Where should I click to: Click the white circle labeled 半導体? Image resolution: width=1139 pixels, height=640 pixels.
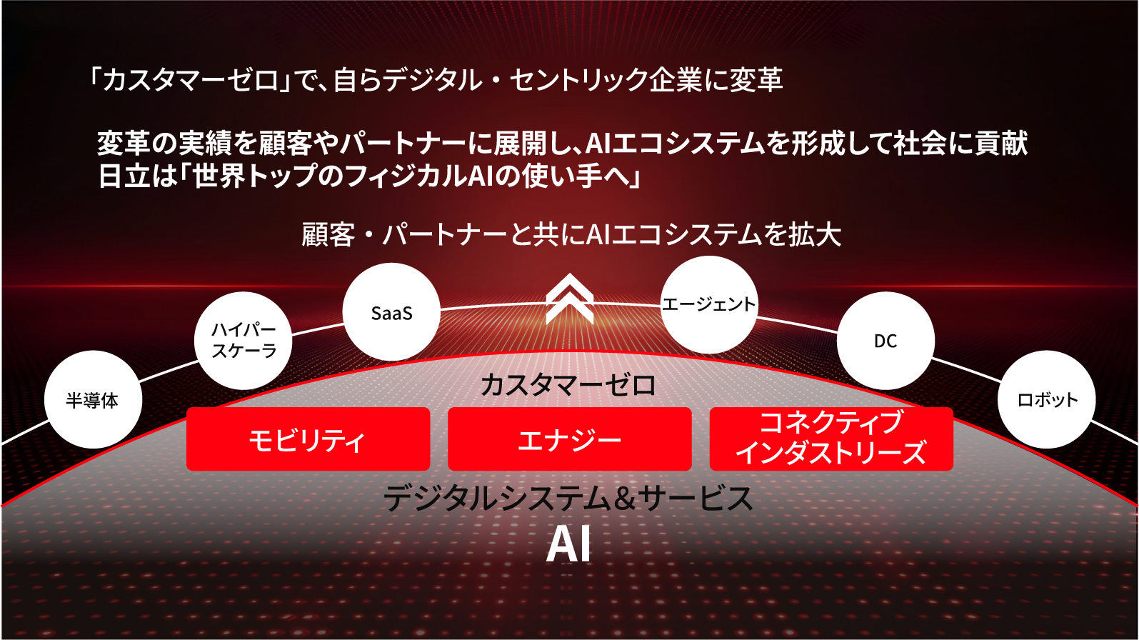click(93, 400)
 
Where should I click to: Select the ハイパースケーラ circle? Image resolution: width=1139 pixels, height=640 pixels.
click(244, 341)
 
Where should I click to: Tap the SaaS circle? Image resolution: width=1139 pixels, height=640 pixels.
click(391, 313)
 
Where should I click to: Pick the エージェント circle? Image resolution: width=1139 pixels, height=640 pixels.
click(708, 305)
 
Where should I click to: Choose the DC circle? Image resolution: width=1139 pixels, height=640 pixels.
click(885, 341)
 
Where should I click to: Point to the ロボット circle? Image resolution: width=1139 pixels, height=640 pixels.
click(1047, 400)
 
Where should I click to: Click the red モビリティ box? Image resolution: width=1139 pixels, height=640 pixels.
click(308, 439)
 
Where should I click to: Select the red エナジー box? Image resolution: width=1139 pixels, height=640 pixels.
click(569, 439)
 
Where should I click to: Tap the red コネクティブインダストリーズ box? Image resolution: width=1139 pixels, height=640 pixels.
click(831, 439)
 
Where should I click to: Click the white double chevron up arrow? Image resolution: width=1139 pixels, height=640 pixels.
click(569, 299)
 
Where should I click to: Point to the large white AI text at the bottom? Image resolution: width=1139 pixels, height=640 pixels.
click(568, 546)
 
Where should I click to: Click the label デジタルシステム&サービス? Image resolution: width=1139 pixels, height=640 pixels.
click(568, 498)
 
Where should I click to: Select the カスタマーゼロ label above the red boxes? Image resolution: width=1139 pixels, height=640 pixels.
click(568, 385)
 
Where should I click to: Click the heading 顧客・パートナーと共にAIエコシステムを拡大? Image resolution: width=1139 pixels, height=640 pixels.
click(571, 234)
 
